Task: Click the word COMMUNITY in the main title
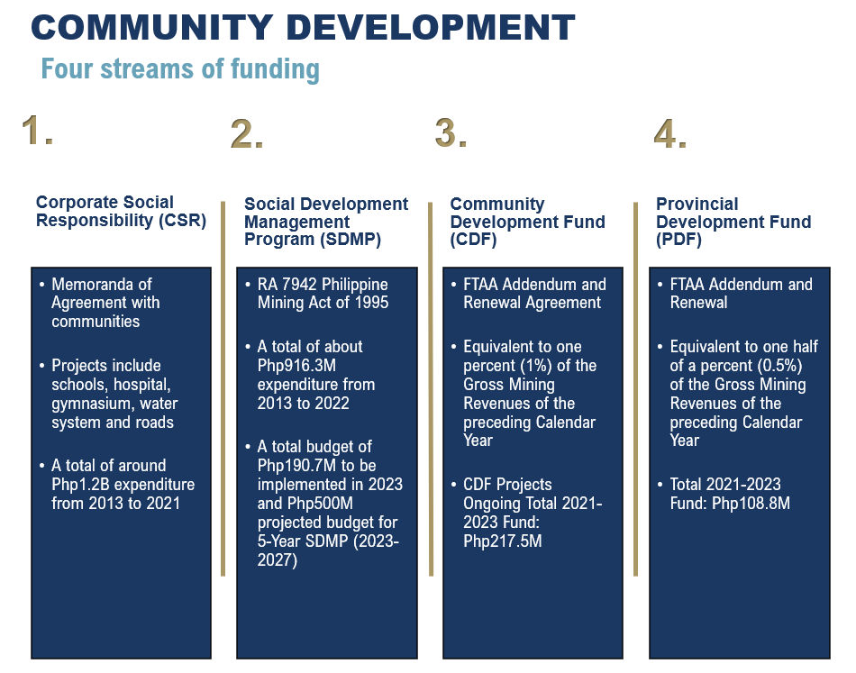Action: pyautogui.click(x=151, y=27)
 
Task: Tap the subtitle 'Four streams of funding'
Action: pyautogui.click(x=180, y=69)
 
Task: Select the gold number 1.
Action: pyautogui.click(x=37, y=131)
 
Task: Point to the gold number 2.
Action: pyautogui.click(x=247, y=133)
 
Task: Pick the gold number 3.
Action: pyautogui.click(x=451, y=133)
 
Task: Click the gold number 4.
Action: pyautogui.click(x=669, y=133)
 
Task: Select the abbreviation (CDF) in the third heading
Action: pyautogui.click(x=473, y=239)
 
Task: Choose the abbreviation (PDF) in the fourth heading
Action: pyautogui.click(x=678, y=239)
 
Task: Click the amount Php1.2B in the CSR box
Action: pyautogui.click(x=81, y=485)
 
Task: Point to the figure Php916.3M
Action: pyautogui.click(x=296, y=366)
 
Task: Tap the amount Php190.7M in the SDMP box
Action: pyautogui.click(x=297, y=466)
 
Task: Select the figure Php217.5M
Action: pyautogui.click(x=503, y=541)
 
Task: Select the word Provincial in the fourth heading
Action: pyautogui.click(x=697, y=204)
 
